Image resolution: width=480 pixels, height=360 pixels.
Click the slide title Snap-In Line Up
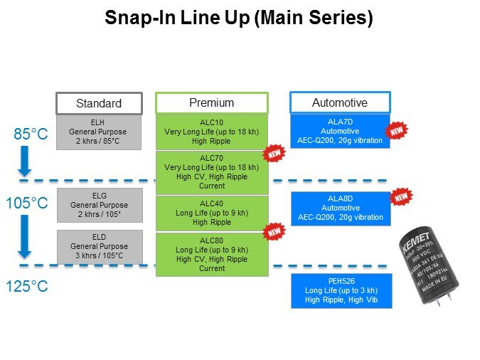(239, 18)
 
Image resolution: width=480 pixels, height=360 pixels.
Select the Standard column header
(99, 103)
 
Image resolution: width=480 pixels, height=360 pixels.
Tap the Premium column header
(211, 103)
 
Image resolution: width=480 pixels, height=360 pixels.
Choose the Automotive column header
(340, 102)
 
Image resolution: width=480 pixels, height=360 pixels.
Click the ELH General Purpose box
(99, 132)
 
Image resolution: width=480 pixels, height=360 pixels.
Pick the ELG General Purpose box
(99, 206)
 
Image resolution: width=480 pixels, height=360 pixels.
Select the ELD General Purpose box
(99, 245)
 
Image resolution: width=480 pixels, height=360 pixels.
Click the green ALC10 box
(211, 132)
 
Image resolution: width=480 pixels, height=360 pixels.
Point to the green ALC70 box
(211, 171)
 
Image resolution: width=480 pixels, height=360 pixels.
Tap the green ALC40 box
(211, 213)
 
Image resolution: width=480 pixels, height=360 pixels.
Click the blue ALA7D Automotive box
(340, 131)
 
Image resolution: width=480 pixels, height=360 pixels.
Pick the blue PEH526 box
(340, 290)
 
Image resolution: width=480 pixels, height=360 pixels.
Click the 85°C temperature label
(31, 134)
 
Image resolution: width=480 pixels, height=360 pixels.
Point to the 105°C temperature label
(27, 203)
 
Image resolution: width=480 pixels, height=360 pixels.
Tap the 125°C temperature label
(27, 287)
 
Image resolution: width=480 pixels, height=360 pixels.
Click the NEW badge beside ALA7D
(396, 131)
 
